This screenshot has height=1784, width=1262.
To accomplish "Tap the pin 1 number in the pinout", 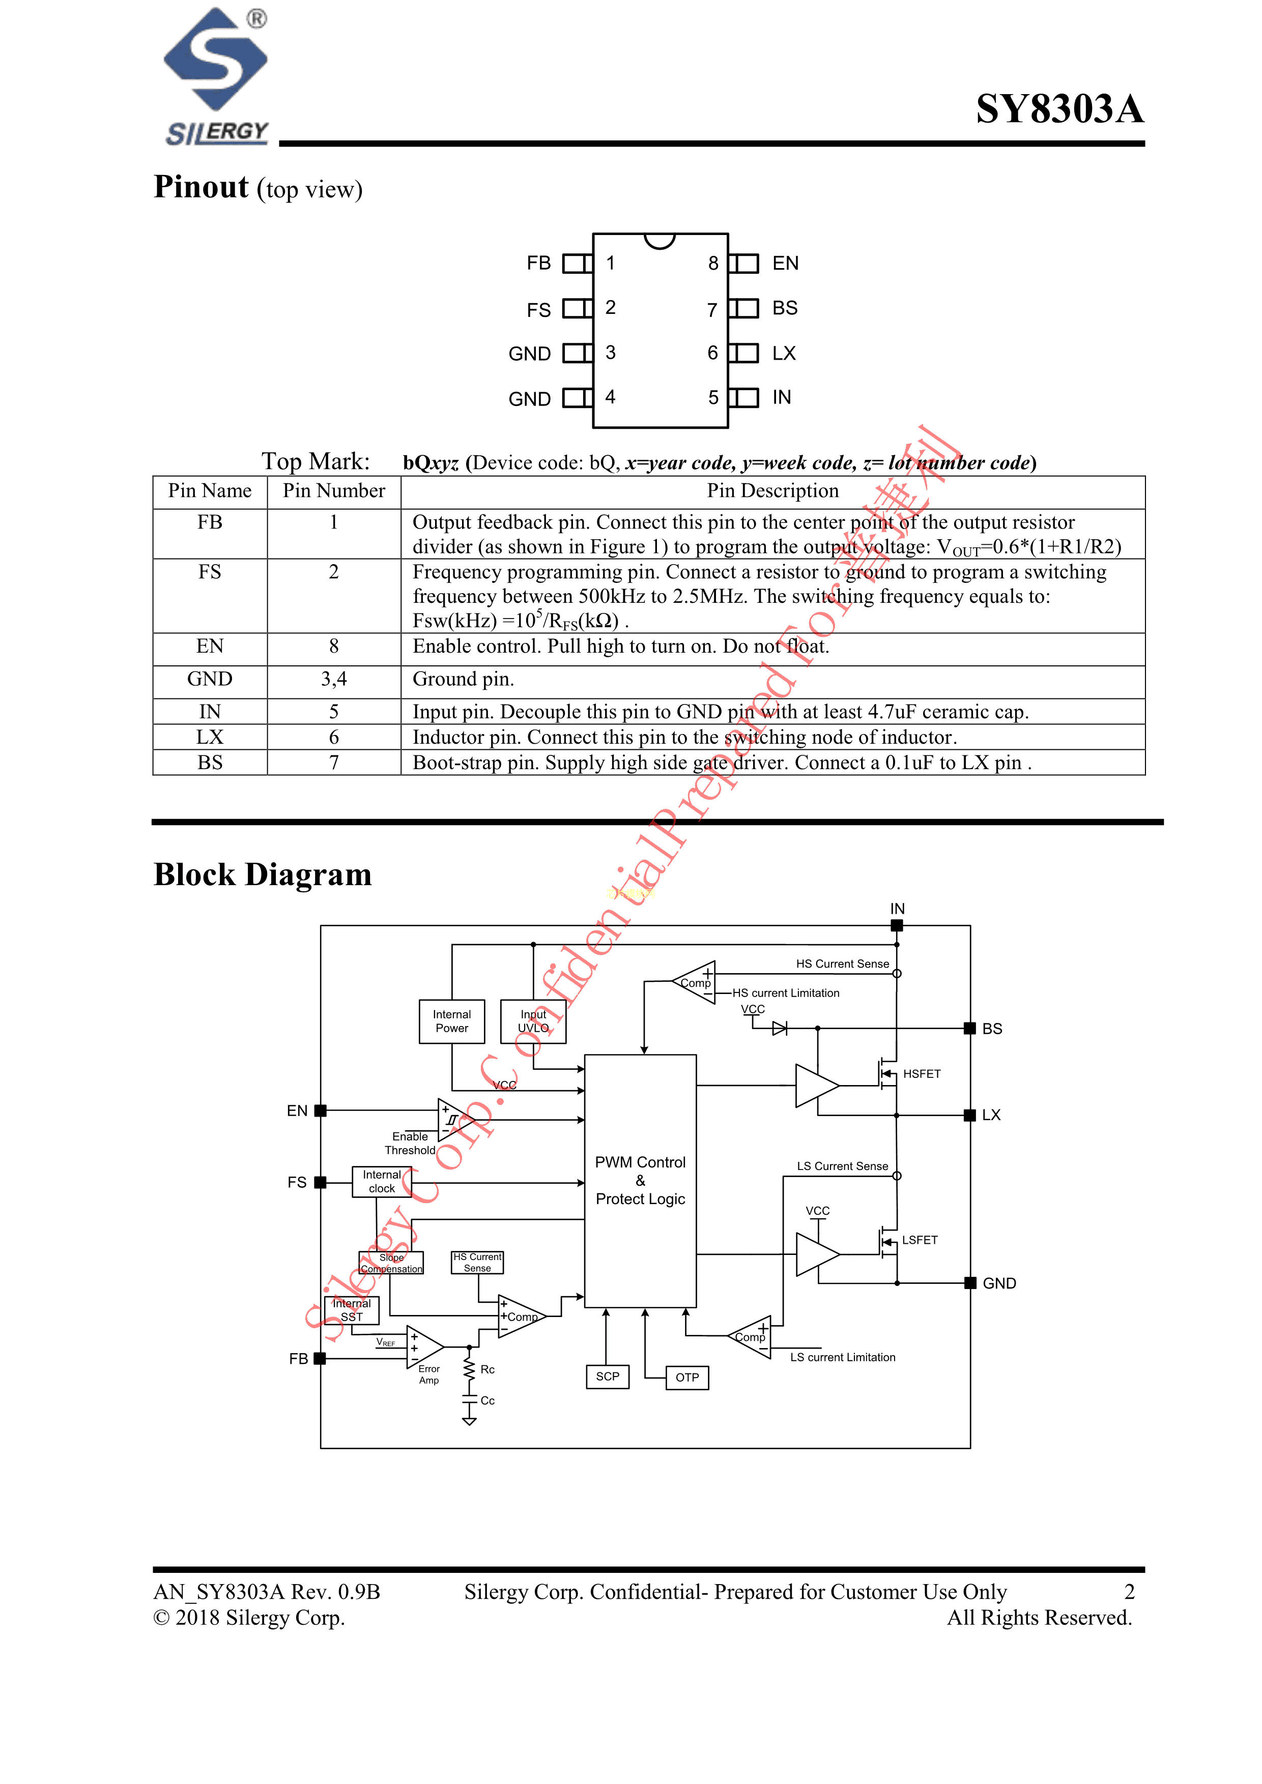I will [611, 264].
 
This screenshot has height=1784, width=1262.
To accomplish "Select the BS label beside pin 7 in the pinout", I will [785, 308].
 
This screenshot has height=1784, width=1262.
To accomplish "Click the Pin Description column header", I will [772, 491].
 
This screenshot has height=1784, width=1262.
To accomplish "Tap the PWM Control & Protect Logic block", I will [640, 1180].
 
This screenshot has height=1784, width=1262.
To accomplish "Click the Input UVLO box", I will [533, 1021].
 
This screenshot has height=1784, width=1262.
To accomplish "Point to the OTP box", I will [687, 1378].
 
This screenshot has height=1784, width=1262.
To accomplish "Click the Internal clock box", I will [382, 1182].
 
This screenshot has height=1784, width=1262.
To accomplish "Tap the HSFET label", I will [922, 1074].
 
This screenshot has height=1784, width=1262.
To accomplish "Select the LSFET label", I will [920, 1240].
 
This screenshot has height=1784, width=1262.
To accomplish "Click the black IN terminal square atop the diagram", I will [897, 925].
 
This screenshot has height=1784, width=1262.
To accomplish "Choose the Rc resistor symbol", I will [469, 1369].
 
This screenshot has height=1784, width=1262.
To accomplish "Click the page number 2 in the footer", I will [1129, 1592].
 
